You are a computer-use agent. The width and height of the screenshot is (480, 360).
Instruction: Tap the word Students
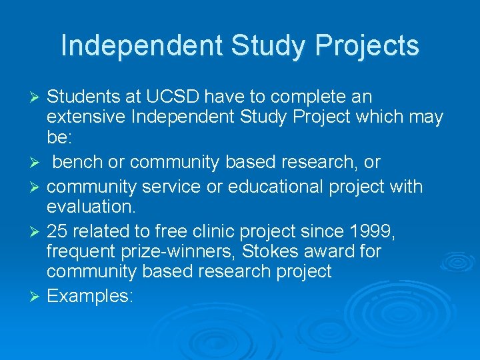[x=84, y=97]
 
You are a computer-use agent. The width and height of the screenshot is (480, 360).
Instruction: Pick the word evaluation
[x=91, y=207]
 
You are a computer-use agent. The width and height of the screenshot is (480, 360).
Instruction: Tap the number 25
[x=57, y=231]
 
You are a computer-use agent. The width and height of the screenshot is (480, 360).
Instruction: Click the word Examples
[x=90, y=296]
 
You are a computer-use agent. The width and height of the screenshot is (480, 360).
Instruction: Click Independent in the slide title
[x=141, y=46]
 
